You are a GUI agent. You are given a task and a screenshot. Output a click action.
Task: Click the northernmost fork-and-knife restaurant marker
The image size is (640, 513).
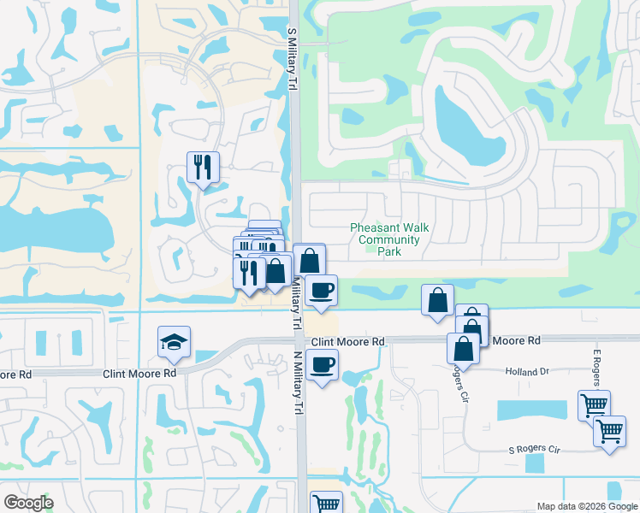[203, 167]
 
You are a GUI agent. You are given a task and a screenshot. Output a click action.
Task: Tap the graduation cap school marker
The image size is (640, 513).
[174, 342]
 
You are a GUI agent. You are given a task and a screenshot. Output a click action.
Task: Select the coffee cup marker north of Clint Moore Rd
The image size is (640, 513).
[322, 290]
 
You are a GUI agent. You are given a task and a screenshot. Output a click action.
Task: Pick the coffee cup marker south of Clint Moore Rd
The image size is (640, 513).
[322, 365]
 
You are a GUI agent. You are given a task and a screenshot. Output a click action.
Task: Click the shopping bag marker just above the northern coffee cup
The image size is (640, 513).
[309, 260]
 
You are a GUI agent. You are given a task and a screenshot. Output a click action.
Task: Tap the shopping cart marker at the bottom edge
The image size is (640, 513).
[325, 504]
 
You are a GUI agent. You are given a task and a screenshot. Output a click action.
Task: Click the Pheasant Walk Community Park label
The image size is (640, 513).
[389, 240]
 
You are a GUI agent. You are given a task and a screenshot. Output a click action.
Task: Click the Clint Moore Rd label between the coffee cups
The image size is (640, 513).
[347, 341]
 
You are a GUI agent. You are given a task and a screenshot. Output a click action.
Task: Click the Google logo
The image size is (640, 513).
[28, 503]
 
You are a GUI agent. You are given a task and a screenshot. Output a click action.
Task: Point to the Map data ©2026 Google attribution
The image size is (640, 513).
[587, 506]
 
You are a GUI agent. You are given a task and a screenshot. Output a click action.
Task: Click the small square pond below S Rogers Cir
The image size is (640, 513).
[535, 463]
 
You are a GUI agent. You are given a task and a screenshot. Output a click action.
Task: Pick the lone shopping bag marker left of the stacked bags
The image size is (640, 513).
[437, 300]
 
